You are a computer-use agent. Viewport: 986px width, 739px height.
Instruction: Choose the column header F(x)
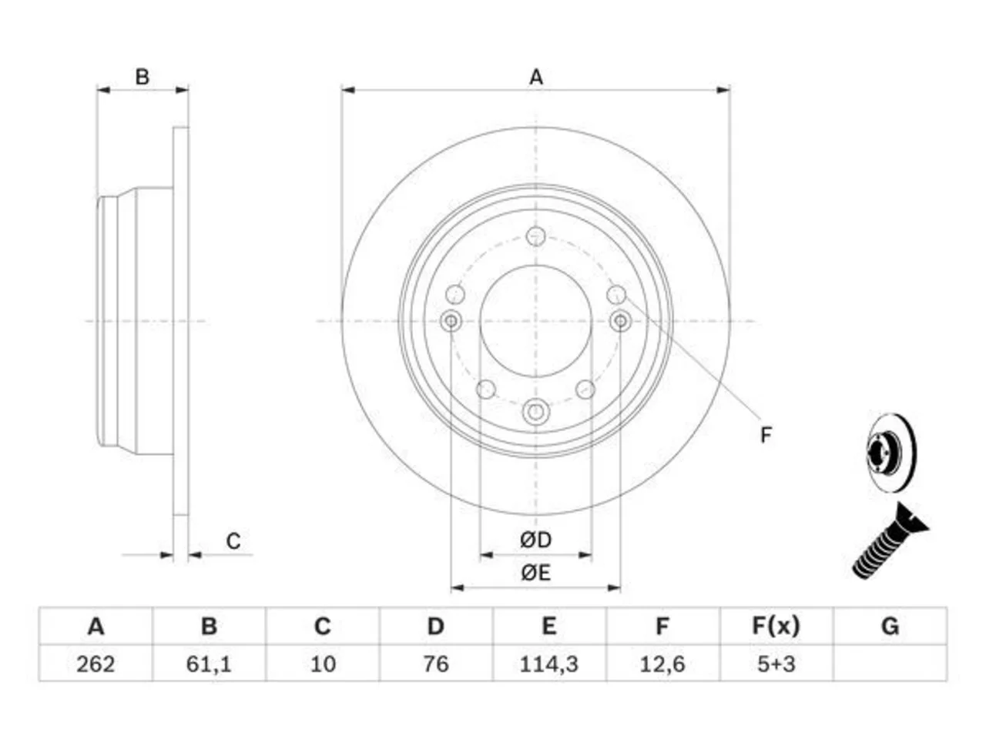776,626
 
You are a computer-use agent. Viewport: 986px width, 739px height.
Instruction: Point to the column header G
890,626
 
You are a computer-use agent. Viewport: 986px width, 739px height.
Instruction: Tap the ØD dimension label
535,540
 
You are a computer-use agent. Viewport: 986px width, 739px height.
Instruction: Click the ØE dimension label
535,573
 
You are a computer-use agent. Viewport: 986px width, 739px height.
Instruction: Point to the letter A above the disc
536,77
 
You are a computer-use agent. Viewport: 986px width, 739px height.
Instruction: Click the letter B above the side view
143,77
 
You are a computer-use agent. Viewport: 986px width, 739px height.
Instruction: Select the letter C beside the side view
233,541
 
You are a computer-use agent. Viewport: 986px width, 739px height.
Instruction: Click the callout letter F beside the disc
766,435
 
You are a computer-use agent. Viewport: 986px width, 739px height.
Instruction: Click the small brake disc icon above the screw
892,453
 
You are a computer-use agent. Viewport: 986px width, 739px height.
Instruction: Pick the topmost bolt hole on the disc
535,236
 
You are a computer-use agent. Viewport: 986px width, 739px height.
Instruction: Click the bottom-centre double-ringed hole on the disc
535,411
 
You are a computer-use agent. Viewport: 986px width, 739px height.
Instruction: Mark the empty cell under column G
890,664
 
